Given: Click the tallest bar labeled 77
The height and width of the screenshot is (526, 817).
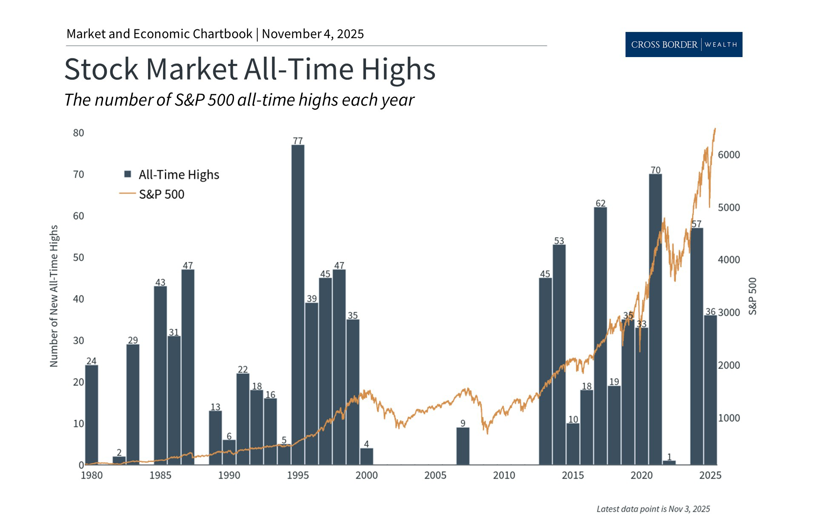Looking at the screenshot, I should [x=298, y=305].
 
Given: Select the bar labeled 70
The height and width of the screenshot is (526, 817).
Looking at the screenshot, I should [x=655, y=319].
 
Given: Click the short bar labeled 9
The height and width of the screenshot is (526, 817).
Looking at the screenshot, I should [x=463, y=446].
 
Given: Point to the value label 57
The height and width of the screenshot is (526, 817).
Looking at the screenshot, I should [x=696, y=224].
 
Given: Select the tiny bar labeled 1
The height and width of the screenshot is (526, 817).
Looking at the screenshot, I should [x=669, y=463].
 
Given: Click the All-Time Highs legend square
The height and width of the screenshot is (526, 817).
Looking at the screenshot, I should [x=127, y=174].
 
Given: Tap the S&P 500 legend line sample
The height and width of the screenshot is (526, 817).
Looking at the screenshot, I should [x=127, y=194].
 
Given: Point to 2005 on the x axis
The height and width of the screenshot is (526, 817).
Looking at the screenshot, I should [x=435, y=475].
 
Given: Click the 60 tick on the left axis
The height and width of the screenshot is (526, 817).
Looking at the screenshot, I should [x=78, y=216].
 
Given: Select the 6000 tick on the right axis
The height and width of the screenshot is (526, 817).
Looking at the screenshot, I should [x=729, y=155].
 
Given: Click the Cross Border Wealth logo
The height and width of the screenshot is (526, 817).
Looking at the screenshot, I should [x=683, y=44].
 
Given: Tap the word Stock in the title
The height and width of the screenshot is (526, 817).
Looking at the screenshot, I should [x=101, y=69].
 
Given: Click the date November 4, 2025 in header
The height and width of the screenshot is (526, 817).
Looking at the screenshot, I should [x=313, y=34].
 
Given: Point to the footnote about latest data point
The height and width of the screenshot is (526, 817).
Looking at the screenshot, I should [x=653, y=509].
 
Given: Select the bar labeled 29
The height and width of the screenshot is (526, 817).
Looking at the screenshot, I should [x=133, y=404].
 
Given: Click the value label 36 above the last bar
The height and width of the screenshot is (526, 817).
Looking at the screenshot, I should [x=710, y=312].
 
